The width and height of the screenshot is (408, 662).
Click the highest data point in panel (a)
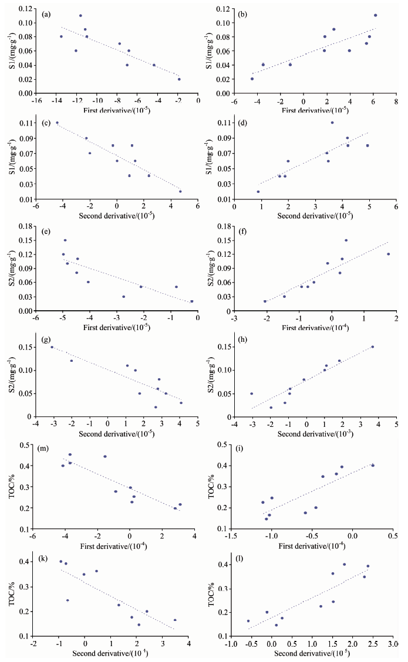coord(80,16)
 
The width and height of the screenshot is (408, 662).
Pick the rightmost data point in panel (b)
coord(375,15)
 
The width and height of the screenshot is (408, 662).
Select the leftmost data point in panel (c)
coord(57,123)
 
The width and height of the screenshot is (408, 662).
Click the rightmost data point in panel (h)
coord(372,347)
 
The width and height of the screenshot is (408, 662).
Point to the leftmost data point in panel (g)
coord(52,347)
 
